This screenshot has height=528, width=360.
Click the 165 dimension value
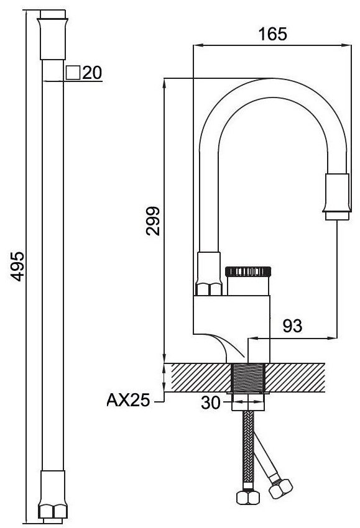pos(273,34)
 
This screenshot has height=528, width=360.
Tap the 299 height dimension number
pos(153,221)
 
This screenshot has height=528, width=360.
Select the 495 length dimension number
pos(17,266)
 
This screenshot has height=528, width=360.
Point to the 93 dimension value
pos(292,325)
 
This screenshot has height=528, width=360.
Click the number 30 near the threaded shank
pos(210,403)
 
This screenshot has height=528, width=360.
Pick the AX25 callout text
pos(128,401)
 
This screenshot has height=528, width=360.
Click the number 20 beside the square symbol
pos(92,73)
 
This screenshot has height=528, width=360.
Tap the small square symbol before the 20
pos(73,73)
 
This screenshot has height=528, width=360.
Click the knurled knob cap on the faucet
pos(248,271)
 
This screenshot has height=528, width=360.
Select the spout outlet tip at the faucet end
pos(337,216)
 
